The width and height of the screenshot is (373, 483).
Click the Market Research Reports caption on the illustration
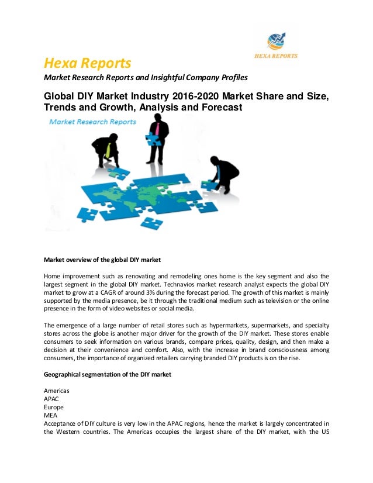pos(92,122)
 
